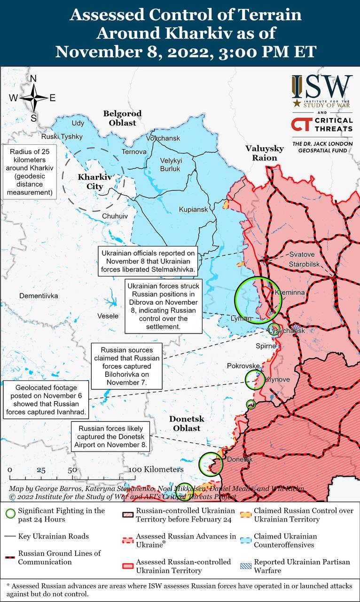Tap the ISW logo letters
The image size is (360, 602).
pyautogui.click(x=321, y=87)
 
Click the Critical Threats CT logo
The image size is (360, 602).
pyautogui.click(x=301, y=125)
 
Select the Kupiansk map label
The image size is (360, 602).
pyautogui.click(x=193, y=209)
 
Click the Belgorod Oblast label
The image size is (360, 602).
pyautogui.click(x=122, y=118)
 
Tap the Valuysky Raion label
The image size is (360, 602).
pyautogui.click(x=265, y=153)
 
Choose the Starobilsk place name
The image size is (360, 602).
pyautogui.click(x=304, y=264)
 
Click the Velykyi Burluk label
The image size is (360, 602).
pyautogui.click(x=171, y=164)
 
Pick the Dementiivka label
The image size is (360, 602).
pyautogui.click(x=39, y=296)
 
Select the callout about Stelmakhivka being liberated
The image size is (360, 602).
pyautogui.click(x=149, y=262)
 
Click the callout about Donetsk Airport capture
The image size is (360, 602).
pyautogui.click(x=110, y=436)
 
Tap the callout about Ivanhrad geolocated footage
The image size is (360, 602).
pyautogui.click(x=46, y=400)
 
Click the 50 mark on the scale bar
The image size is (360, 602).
pyautogui.click(x=72, y=470)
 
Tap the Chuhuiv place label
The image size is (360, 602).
pyautogui.click(x=115, y=215)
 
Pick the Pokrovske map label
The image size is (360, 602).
pyautogui.click(x=243, y=365)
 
